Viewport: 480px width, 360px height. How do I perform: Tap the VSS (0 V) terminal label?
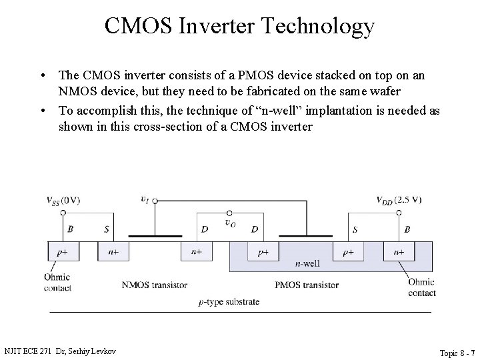point(63,200)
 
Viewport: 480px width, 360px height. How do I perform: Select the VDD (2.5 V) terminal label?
point(399,199)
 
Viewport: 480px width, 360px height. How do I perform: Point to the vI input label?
point(145,198)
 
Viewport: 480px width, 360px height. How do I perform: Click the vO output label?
point(230,223)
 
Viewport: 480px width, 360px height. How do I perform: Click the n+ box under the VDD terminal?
point(399,252)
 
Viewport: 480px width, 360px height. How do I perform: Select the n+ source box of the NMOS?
point(113,252)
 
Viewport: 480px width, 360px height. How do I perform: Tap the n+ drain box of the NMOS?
point(197,252)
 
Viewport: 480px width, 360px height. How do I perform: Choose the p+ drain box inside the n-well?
point(263,252)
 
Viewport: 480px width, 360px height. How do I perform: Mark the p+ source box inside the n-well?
point(349,252)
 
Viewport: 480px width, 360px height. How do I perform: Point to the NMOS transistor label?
point(154,285)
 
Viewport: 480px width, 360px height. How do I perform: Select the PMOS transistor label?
point(307,285)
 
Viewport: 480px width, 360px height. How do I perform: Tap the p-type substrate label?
point(229,301)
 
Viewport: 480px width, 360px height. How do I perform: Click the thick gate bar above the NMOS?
point(155,235)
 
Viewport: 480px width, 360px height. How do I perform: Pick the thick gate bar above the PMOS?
point(306,235)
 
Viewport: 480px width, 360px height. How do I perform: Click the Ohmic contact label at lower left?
point(58,283)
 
